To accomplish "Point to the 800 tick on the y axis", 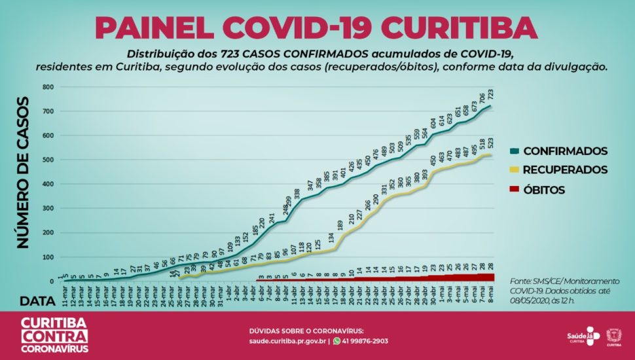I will (47, 87).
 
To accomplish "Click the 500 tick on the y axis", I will (47, 160).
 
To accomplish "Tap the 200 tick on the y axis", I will (47, 233).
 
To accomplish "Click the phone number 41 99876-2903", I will (365, 341).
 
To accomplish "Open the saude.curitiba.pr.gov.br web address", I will (287, 341).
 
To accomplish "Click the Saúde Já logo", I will (582, 336).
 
